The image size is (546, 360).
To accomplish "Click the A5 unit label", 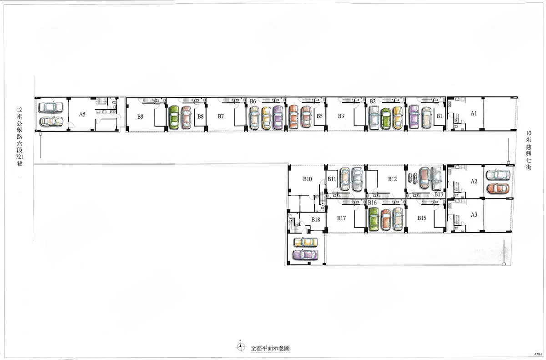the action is pos(82,114).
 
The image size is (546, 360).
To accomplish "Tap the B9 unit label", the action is pos(140,117).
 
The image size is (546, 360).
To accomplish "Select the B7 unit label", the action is pos(221,117).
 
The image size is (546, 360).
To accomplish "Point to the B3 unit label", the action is pos(341,116).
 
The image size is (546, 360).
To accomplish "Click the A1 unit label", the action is pos(474,113).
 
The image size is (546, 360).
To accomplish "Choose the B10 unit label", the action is pos(308,179).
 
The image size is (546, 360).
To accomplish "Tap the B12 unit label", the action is pos(392,179).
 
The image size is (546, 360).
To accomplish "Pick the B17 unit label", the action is pos(341,218).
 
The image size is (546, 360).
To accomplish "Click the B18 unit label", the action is pos(315,220).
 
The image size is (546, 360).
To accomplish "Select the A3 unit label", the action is pos(474,215).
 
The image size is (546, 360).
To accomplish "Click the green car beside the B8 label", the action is pos(174,117).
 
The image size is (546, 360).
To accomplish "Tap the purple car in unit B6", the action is pos(278,117).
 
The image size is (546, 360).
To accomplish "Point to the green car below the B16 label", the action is pos(374,219).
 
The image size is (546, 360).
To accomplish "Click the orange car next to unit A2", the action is pos(498,189).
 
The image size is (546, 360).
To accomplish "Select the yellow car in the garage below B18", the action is pos(306,242).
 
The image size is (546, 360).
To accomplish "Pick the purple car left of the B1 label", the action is pos(414,117).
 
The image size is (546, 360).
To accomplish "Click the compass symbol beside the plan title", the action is pos(241,346).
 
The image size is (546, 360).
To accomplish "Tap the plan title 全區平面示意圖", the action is pos(270,348).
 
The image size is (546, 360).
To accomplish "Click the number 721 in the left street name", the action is pos(20,157).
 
